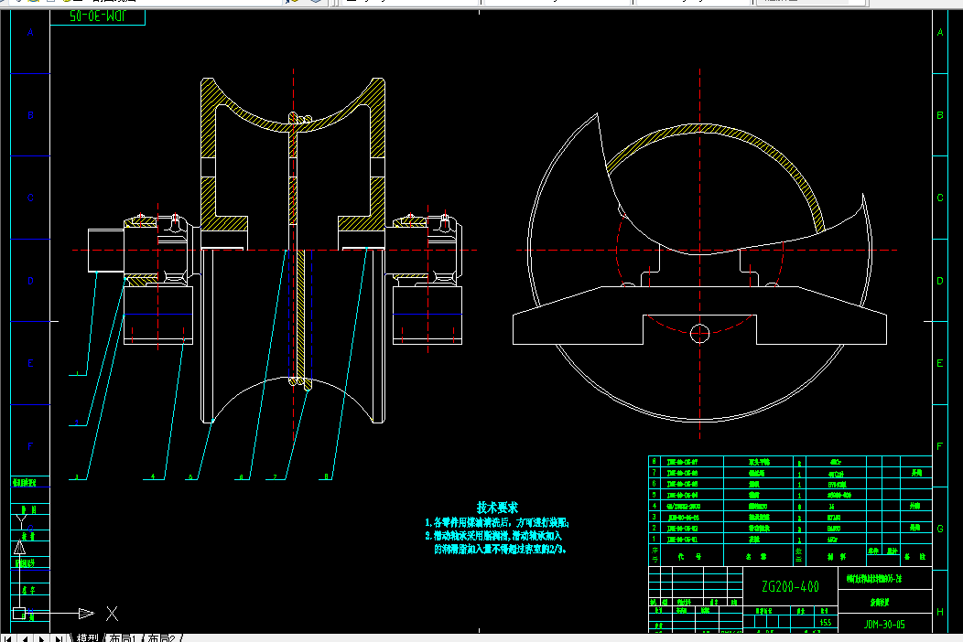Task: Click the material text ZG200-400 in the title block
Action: click(x=790, y=586)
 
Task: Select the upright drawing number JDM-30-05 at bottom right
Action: click(x=883, y=626)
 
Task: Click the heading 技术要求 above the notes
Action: click(x=497, y=507)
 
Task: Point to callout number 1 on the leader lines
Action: click(x=77, y=374)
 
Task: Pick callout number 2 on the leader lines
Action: click(x=77, y=423)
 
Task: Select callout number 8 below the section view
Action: click(x=327, y=476)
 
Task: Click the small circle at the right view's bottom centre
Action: click(x=700, y=331)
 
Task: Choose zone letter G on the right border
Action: click(x=939, y=530)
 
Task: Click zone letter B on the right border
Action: click(x=939, y=116)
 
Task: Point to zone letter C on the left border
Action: click(x=30, y=198)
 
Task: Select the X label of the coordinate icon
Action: click(x=112, y=613)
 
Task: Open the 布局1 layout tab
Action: click(x=121, y=637)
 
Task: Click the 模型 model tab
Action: click(x=87, y=637)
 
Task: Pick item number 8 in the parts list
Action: click(x=654, y=463)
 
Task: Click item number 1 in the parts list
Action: click(x=654, y=540)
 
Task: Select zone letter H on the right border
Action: click(x=939, y=612)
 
